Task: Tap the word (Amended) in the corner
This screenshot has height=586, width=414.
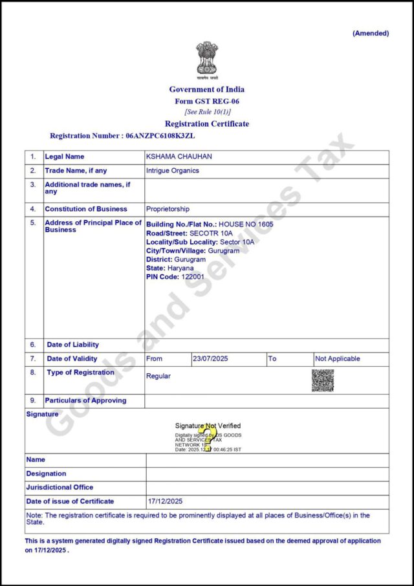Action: click(371, 33)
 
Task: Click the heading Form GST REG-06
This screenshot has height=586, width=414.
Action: click(207, 101)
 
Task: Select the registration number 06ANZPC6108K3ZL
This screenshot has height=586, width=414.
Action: click(160, 136)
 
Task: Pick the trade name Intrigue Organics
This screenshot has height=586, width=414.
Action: click(173, 171)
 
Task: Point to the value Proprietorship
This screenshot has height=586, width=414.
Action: click(168, 209)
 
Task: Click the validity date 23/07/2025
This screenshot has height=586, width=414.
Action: click(210, 358)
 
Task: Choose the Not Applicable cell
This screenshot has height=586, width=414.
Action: click(337, 358)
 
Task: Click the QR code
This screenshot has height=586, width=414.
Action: click(323, 380)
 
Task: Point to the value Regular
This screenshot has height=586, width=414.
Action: click(158, 376)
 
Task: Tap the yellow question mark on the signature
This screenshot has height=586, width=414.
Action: click(206, 437)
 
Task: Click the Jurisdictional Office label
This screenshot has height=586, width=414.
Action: click(60, 487)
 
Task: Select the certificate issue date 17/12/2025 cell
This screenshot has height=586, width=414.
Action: click(166, 501)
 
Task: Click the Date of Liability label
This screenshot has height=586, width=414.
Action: click(73, 345)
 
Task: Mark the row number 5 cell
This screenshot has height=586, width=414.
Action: click(33, 222)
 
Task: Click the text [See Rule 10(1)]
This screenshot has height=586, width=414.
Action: click(207, 111)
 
